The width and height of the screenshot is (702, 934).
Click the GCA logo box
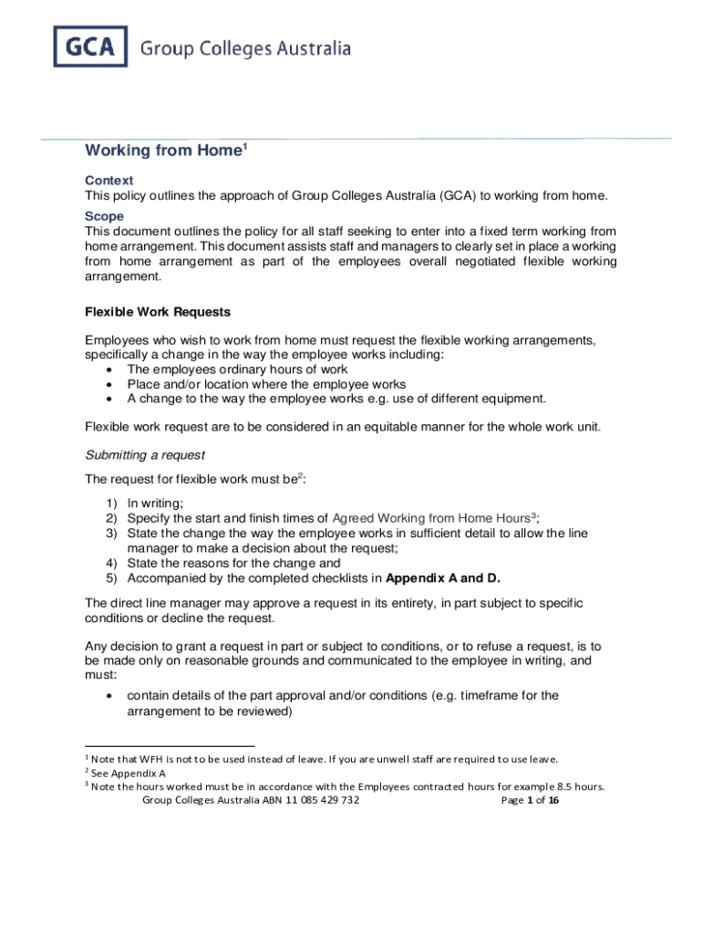tap(89, 47)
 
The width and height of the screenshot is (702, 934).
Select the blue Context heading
tap(108, 181)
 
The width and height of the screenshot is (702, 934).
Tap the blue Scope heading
tap(104, 216)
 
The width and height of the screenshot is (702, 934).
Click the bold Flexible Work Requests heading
tap(158, 311)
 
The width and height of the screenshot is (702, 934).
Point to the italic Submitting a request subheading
tap(145, 454)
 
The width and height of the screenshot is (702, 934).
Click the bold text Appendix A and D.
tap(443, 577)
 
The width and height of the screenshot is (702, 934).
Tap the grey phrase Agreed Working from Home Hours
tap(430, 517)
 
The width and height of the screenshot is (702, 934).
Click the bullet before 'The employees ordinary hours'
tap(110, 369)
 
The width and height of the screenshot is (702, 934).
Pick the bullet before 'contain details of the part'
tap(110, 696)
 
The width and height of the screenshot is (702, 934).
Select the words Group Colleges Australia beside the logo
tap(245, 49)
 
